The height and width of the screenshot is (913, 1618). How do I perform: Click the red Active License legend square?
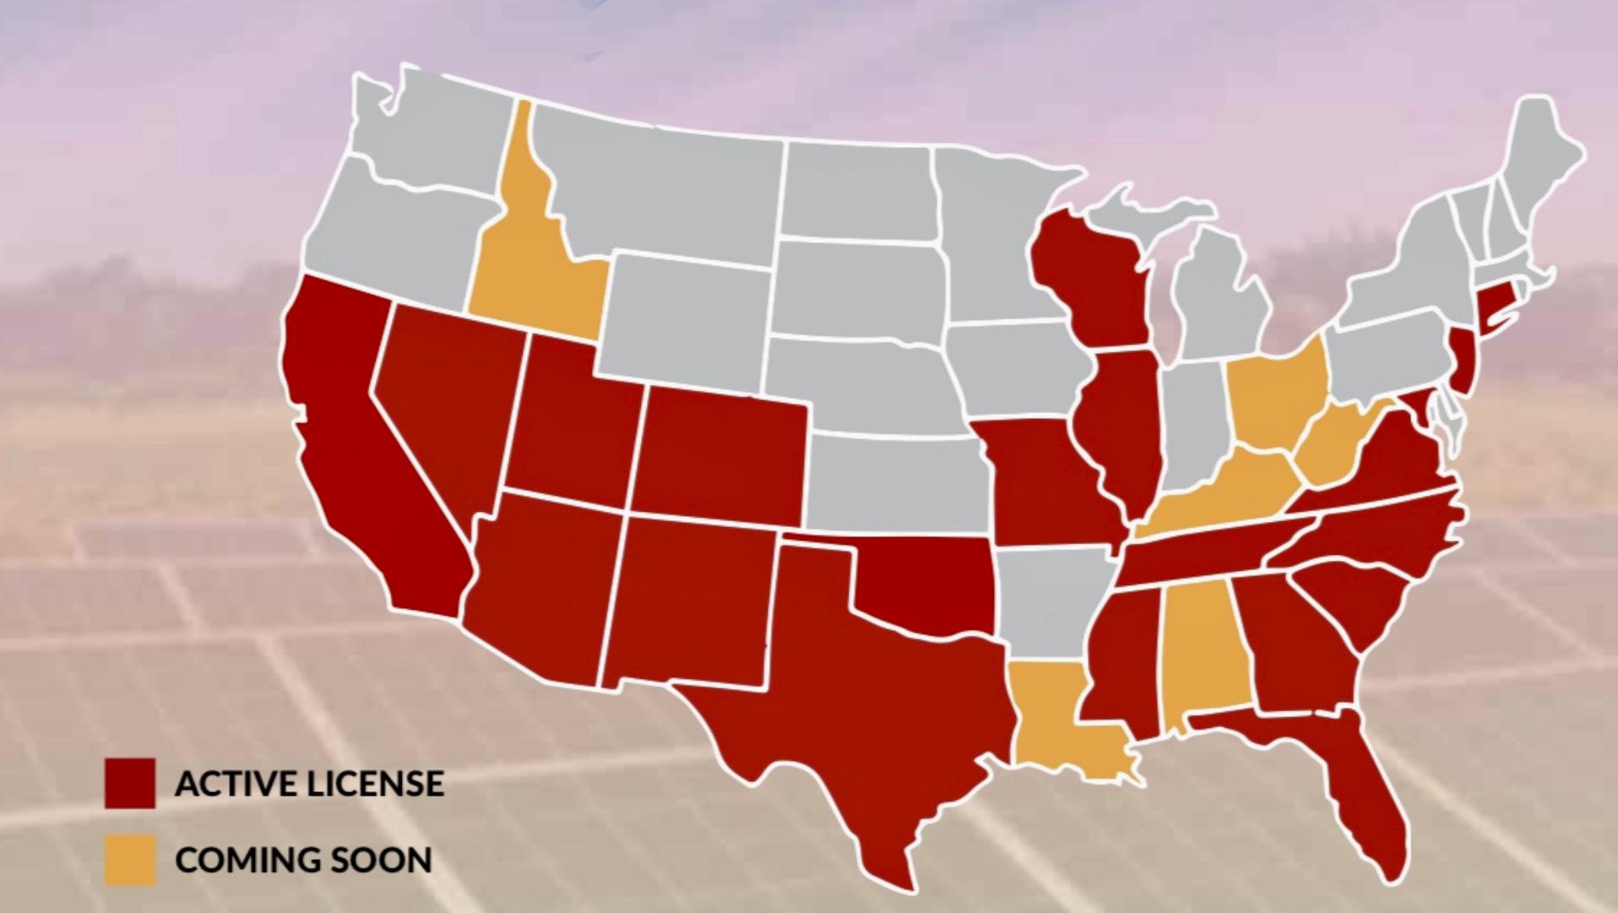point(130,783)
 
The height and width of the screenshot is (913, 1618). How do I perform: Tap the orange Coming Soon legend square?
point(130,860)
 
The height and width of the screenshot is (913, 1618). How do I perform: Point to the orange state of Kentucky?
point(1224,490)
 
